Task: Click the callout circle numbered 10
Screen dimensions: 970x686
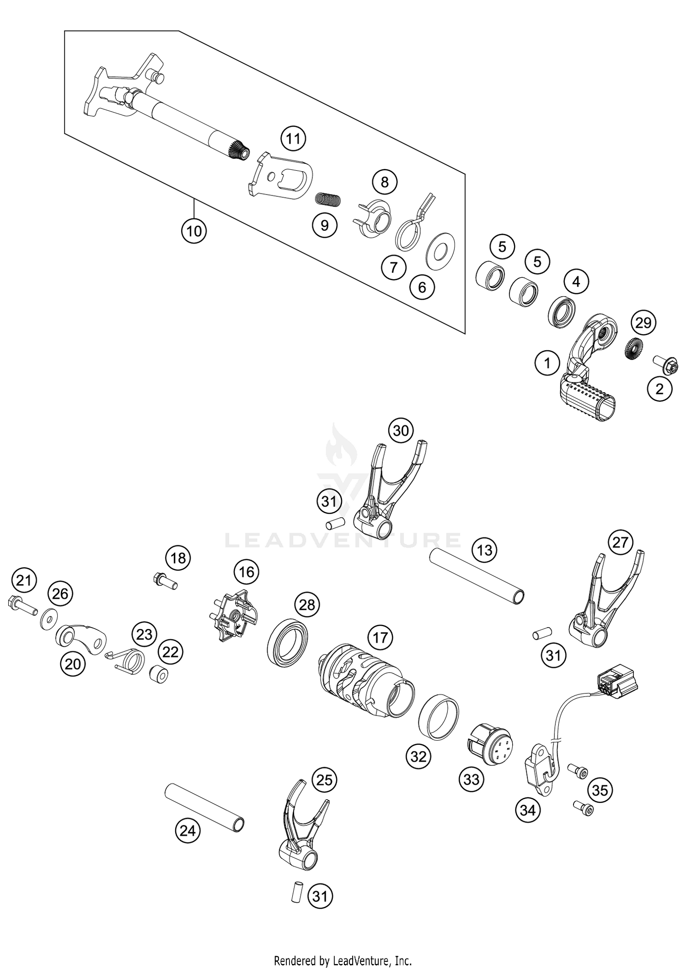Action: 193,231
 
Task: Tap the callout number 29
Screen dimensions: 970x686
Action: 643,323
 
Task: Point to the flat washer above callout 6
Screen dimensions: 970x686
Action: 440,250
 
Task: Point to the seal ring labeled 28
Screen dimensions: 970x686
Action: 287,638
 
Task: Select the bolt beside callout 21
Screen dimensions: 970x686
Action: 22,605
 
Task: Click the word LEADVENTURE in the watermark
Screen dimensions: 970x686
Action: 343,540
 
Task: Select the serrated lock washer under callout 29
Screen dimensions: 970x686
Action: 633,349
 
